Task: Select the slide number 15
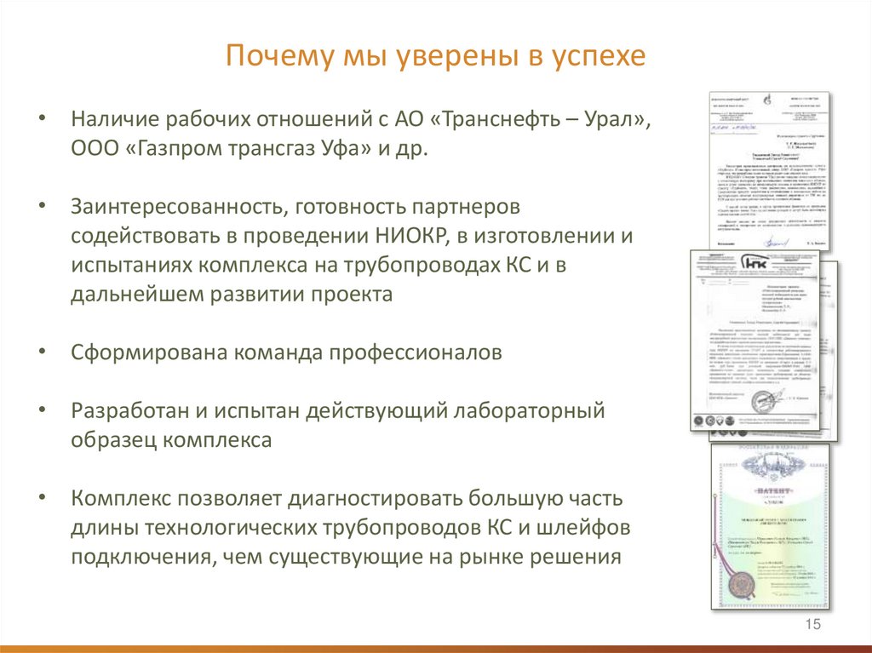click(x=812, y=626)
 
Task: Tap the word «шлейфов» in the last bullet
click(x=588, y=529)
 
